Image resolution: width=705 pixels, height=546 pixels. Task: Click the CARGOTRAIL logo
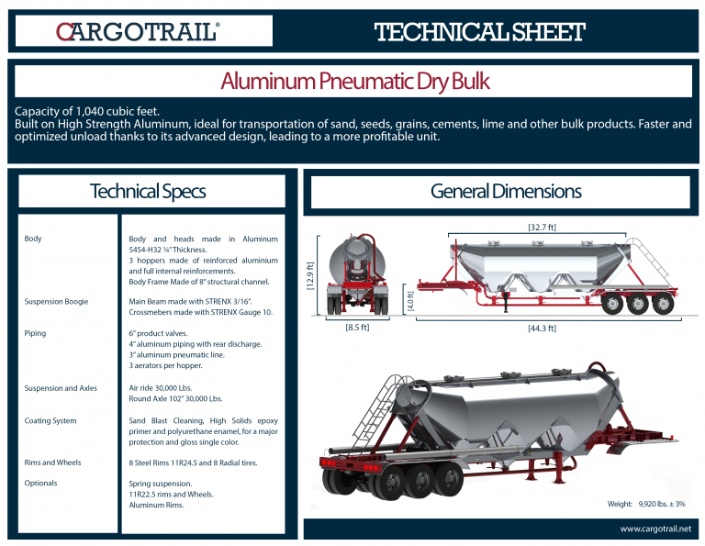pyautogui.click(x=138, y=32)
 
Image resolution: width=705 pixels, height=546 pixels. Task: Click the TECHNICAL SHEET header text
pyautogui.click(x=479, y=32)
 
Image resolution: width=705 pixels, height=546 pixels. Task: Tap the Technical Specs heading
pyautogui.click(x=147, y=192)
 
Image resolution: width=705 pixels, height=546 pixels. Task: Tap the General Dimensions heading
pyautogui.click(x=505, y=192)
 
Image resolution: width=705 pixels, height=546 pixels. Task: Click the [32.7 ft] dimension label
pyautogui.click(x=541, y=227)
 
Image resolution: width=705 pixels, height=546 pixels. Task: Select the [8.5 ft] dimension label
pyautogui.click(x=357, y=327)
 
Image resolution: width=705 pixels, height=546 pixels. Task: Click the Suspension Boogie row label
pyautogui.click(x=56, y=301)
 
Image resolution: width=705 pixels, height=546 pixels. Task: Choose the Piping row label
pyautogui.click(x=36, y=333)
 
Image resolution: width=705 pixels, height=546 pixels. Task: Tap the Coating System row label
pyautogui.click(x=50, y=420)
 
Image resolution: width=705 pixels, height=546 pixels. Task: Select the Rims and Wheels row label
pyautogui.click(x=52, y=462)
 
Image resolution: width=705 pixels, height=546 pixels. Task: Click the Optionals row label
pyautogui.click(x=40, y=483)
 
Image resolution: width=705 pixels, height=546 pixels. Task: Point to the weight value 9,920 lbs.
pyautogui.click(x=661, y=504)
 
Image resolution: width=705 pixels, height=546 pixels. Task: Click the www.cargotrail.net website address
pyautogui.click(x=655, y=529)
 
